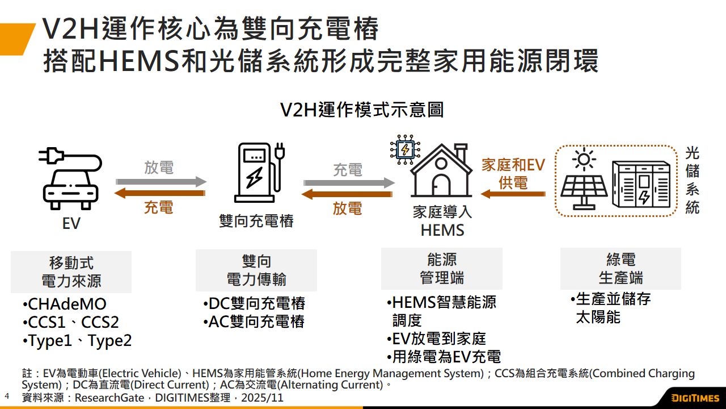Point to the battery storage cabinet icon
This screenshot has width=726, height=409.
641,182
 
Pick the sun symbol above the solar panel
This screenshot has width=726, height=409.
583,159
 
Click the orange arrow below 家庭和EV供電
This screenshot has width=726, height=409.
513,194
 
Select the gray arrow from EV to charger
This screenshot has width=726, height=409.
161,182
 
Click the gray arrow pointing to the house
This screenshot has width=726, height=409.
348,183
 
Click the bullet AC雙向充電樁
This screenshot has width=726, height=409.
256,322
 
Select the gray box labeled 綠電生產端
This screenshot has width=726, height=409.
621,269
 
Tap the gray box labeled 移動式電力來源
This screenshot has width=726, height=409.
71,272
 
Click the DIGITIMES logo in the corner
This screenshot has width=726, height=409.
694,398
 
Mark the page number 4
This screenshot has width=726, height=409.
7,395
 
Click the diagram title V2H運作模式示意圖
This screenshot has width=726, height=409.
362,110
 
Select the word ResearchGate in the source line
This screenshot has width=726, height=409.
109,398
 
